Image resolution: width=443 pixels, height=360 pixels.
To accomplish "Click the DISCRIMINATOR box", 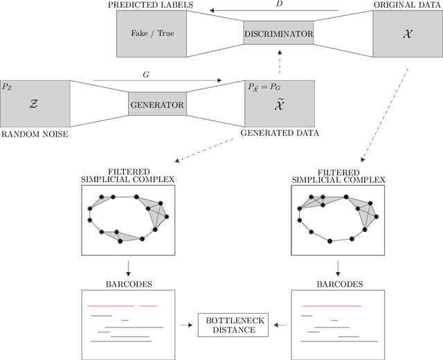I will (x=279, y=33).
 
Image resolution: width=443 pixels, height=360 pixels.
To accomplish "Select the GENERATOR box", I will (x=158, y=105).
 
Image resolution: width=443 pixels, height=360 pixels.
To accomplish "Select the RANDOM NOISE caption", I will (x=35, y=134).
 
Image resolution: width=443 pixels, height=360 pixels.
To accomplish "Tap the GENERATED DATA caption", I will (x=280, y=133).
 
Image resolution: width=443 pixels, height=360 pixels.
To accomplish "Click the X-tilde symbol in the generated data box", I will (x=280, y=109).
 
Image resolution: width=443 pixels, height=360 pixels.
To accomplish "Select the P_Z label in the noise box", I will (x=8, y=87).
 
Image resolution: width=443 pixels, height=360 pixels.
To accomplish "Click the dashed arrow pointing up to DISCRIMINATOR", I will (x=279, y=64).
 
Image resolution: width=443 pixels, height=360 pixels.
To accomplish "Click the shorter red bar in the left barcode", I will (x=148, y=305).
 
